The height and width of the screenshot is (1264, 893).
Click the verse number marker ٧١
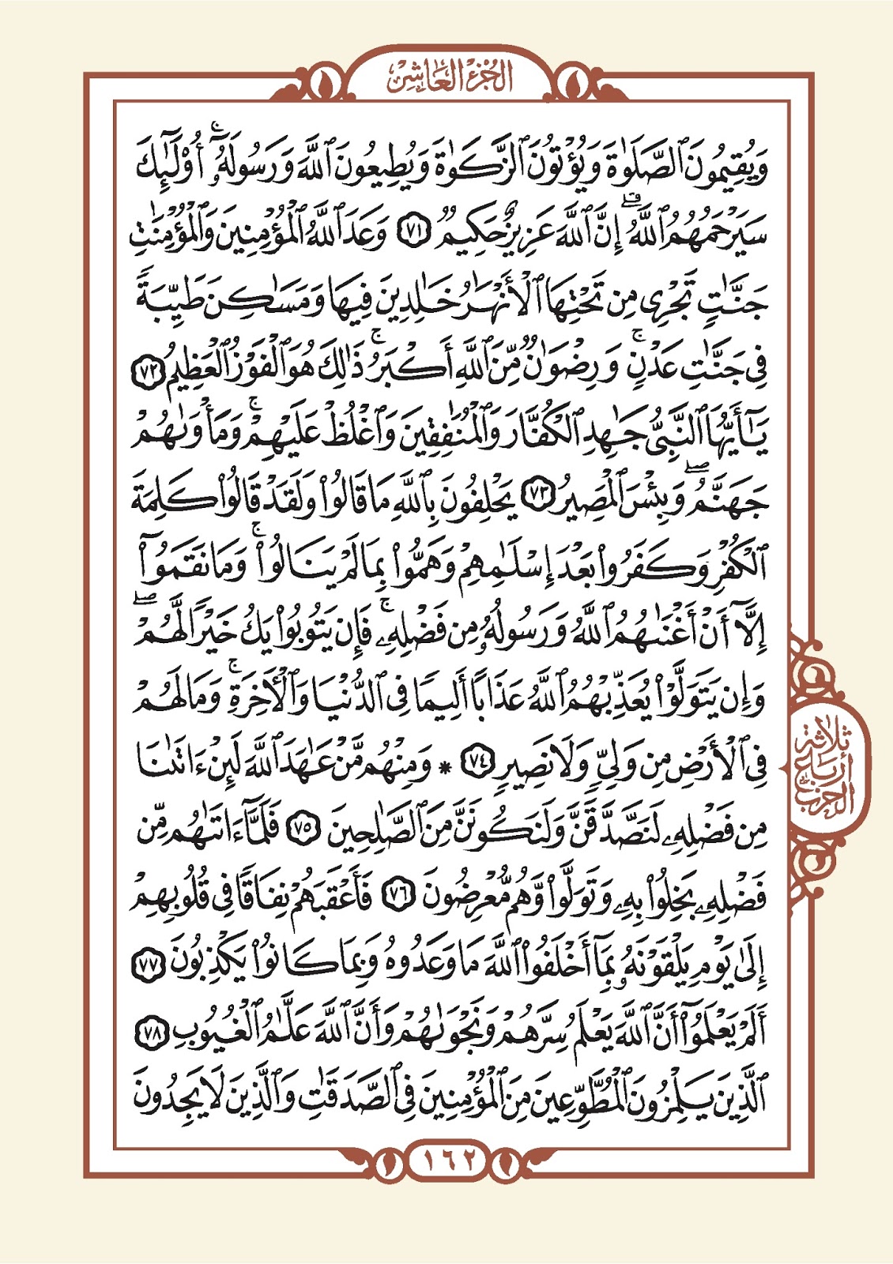(411, 235)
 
